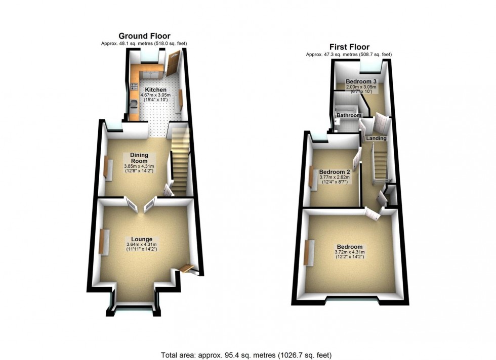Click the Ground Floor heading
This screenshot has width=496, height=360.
(144, 36)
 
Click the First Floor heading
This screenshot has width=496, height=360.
(349, 47)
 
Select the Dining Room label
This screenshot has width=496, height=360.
(138, 158)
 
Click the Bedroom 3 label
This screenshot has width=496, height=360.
(361, 81)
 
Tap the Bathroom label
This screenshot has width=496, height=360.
(349, 115)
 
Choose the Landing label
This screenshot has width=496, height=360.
(377, 138)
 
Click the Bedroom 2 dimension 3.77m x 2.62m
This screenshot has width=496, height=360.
(335, 178)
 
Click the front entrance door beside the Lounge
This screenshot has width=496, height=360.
(187, 267)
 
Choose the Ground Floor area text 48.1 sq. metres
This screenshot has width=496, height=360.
(144, 43)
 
